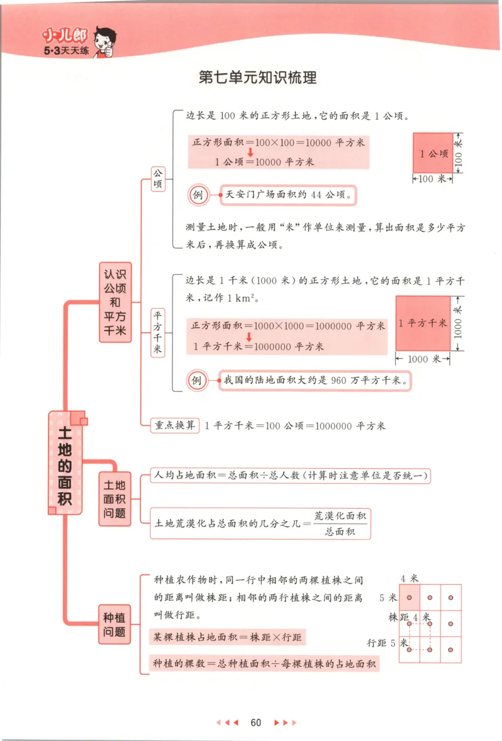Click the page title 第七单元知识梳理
[x=257, y=78]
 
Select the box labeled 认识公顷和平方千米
[x=115, y=302]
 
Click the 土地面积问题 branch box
[x=115, y=499]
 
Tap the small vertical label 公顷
[x=158, y=179]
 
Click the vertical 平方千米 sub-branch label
[x=158, y=332]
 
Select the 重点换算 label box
[x=175, y=425]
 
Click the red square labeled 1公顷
[x=433, y=152]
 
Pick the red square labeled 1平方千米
[x=423, y=323]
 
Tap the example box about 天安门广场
[x=286, y=195]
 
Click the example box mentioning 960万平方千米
[x=312, y=380]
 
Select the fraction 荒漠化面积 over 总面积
[x=341, y=523]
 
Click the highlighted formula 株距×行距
[x=228, y=637]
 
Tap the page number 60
[x=255, y=722]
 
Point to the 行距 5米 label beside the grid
[x=387, y=642]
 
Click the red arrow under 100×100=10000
[x=249, y=152]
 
